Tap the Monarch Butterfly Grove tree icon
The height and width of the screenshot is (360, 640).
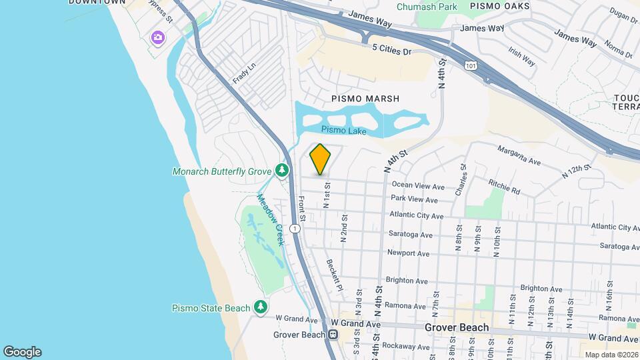(x=283, y=171)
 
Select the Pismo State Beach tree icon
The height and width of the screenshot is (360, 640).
(x=261, y=307)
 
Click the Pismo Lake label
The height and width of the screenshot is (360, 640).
(x=343, y=131)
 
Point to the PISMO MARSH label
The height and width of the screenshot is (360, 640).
(x=365, y=99)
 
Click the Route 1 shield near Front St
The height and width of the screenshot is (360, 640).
(x=295, y=229)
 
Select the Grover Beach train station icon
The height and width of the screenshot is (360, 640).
(x=335, y=335)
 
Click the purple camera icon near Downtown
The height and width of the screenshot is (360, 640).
(x=157, y=37)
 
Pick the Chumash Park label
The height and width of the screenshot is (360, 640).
(x=427, y=7)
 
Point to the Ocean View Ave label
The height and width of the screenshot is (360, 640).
(x=418, y=185)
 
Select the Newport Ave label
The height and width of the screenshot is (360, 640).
(x=408, y=253)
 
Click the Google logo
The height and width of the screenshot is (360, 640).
(x=22, y=352)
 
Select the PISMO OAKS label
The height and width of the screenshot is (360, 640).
(x=499, y=6)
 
